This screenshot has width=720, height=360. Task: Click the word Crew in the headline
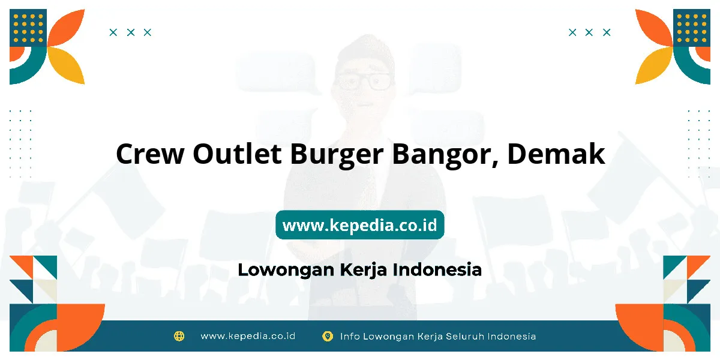coord(150,154)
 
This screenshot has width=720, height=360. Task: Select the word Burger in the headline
coord(337,155)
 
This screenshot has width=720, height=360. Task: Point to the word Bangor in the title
coord(445,155)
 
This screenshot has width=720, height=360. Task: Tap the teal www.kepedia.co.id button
coord(359,224)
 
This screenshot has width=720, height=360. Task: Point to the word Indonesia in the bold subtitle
coord(437,269)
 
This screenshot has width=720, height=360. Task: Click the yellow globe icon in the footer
coord(179,336)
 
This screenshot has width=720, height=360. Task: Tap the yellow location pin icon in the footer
coord(328,336)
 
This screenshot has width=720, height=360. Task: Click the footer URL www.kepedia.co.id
coord(248,336)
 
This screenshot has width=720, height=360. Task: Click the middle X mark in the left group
coord(131,32)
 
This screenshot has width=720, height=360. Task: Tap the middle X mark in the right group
coord(589,32)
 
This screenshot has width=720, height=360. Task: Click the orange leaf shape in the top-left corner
coord(66,28)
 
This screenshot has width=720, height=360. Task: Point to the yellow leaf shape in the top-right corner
coord(654,65)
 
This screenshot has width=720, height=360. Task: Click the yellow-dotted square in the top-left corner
coord(28,28)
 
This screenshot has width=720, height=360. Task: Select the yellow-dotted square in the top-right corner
coord(692,28)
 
